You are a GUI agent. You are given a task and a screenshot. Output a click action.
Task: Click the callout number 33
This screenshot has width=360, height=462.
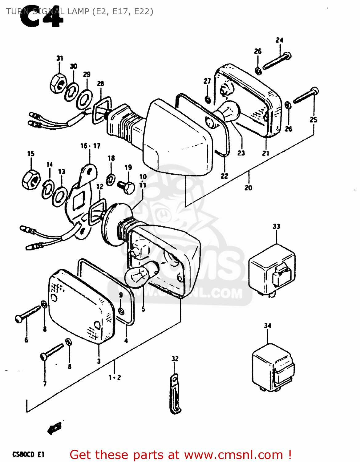(x=276, y=226)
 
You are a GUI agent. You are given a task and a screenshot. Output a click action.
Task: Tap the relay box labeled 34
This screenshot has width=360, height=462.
(x=273, y=368)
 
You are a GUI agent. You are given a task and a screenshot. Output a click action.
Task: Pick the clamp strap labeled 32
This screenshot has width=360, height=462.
(x=174, y=395)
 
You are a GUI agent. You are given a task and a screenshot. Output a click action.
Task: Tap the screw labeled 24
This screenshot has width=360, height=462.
(x=277, y=61)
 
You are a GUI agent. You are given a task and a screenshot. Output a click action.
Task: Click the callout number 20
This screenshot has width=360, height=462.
(x=248, y=188)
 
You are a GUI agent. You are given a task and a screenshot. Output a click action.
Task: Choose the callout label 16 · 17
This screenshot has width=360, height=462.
(x=90, y=146)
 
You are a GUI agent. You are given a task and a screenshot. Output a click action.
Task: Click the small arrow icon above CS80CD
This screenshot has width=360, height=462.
(x=55, y=428)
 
